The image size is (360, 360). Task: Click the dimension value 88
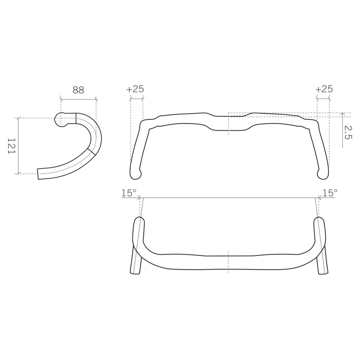(x=78, y=90)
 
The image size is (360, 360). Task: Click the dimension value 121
(x=11, y=146)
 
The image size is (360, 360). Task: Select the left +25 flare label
(x=135, y=89)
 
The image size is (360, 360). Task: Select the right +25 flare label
(x=324, y=89)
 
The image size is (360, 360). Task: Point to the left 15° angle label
(x=129, y=193)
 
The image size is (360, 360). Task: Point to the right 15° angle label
(x=330, y=193)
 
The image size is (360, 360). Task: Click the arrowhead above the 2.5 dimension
(x=342, y=114)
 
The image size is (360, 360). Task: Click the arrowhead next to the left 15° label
(x=139, y=197)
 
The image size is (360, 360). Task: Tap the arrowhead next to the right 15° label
(x=320, y=197)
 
